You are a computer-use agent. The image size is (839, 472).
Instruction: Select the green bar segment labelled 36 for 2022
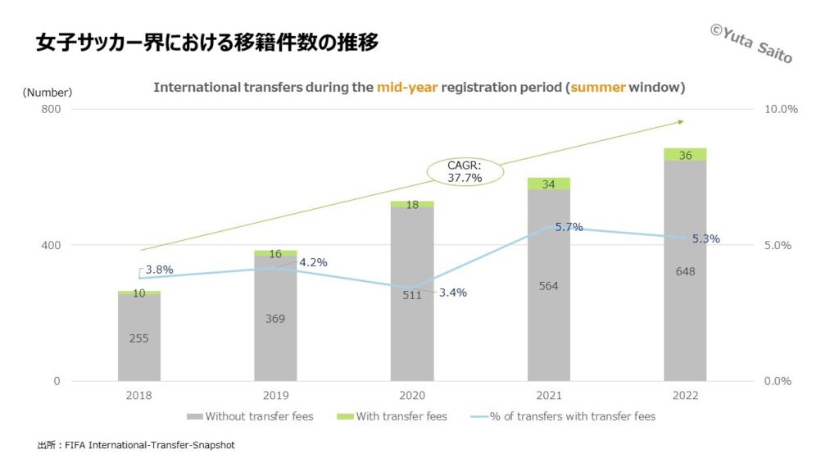tap(685, 155)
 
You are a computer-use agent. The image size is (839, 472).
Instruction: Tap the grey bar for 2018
tap(138, 337)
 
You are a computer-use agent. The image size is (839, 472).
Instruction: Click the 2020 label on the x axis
tap(412, 394)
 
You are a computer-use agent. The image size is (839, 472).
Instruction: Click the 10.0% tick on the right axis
tap(781, 109)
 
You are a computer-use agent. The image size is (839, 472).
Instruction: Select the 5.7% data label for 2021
tap(569, 227)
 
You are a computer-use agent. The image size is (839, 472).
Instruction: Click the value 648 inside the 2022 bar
tap(685, 271)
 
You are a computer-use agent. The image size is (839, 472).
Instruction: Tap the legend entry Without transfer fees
tap(250, 416)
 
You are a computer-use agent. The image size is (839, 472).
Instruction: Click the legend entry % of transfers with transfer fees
tap(565, 416)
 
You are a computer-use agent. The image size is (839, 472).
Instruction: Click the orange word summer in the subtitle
tap(598, 87)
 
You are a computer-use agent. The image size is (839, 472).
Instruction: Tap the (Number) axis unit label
tap(48, 93)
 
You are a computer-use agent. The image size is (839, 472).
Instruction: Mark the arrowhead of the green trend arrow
tap(680, 122)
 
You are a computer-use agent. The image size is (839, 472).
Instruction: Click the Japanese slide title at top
tap(207, 43)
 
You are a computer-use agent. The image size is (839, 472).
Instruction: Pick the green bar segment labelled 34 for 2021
tap(548, 184)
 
